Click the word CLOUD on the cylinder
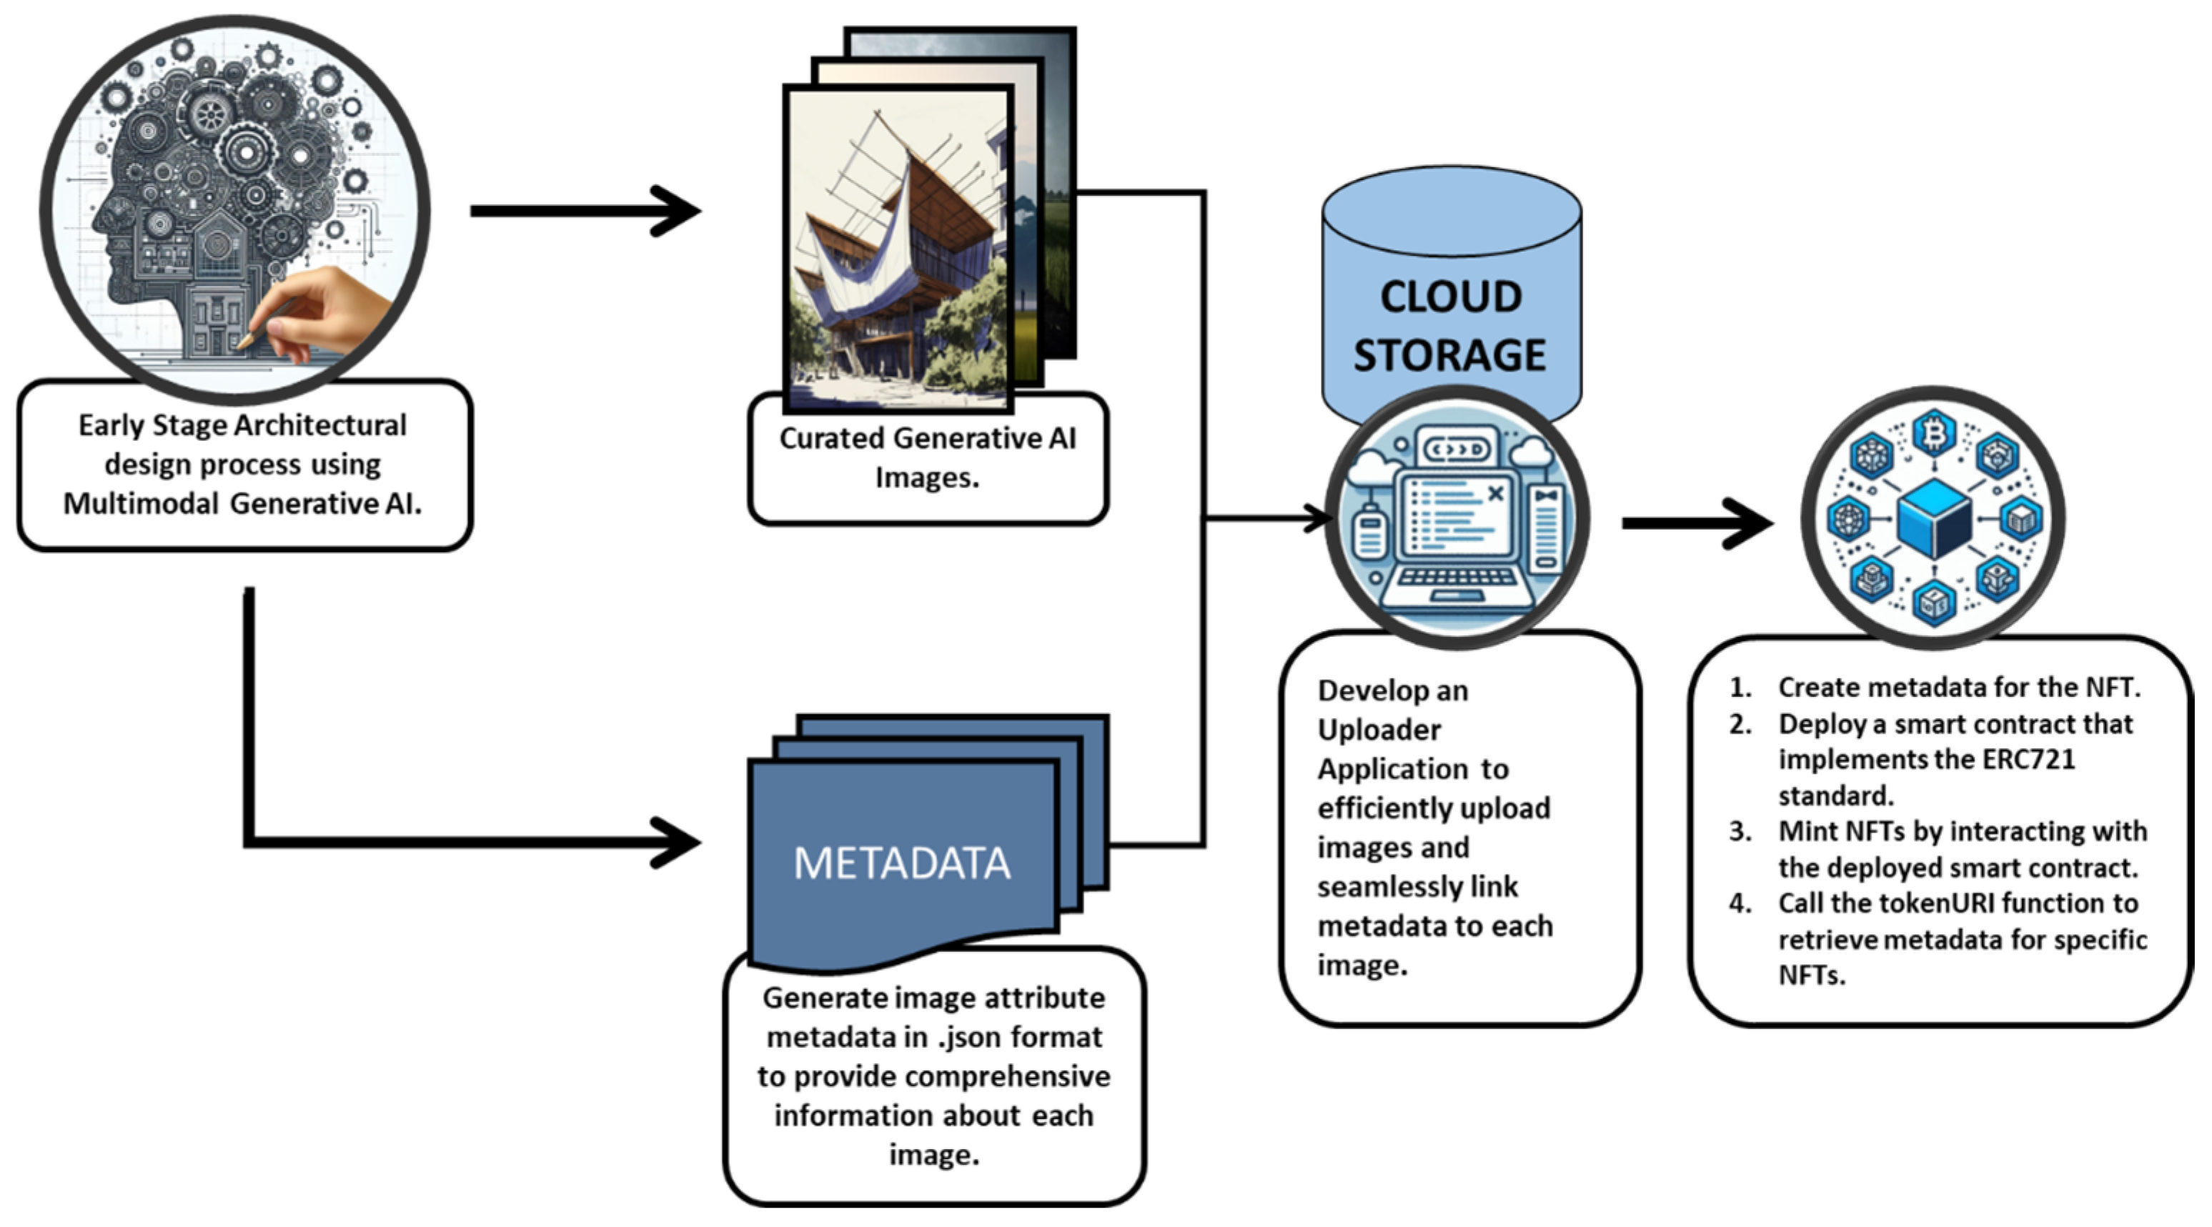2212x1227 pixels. (1450, 297)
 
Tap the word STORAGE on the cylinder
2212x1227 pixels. (1449, 354)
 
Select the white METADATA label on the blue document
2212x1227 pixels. (902, 863)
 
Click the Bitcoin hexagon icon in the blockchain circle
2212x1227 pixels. (1934, 434)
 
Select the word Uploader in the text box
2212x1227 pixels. (1379, 730)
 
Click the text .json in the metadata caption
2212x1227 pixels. (968, 1037)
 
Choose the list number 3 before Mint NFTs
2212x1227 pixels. (1740, 831)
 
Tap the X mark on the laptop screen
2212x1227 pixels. (1495, 493)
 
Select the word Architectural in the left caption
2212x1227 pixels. (321, 425)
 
